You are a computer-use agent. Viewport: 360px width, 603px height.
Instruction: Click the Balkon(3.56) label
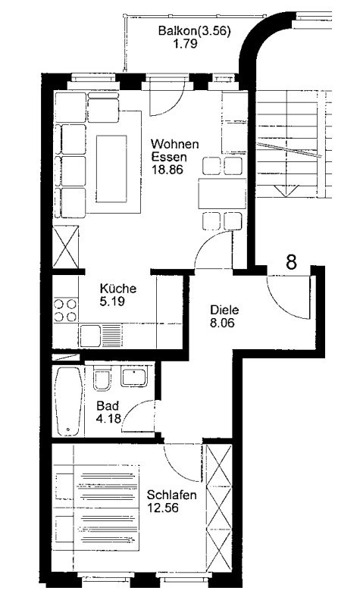(194, 31)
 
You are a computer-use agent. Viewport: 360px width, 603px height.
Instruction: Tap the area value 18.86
(166, 170)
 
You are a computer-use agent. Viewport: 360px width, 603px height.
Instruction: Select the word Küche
(118, 289)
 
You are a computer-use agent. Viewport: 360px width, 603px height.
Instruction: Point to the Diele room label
(225, 310)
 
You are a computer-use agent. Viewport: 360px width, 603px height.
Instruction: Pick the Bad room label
(106, 405)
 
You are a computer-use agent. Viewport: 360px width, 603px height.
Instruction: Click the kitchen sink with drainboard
(103, 333)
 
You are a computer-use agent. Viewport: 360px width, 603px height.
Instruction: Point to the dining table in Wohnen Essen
(221, 194)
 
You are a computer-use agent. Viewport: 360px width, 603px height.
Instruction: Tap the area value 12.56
(162, 508)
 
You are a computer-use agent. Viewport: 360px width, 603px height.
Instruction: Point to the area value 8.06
(224, 323)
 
